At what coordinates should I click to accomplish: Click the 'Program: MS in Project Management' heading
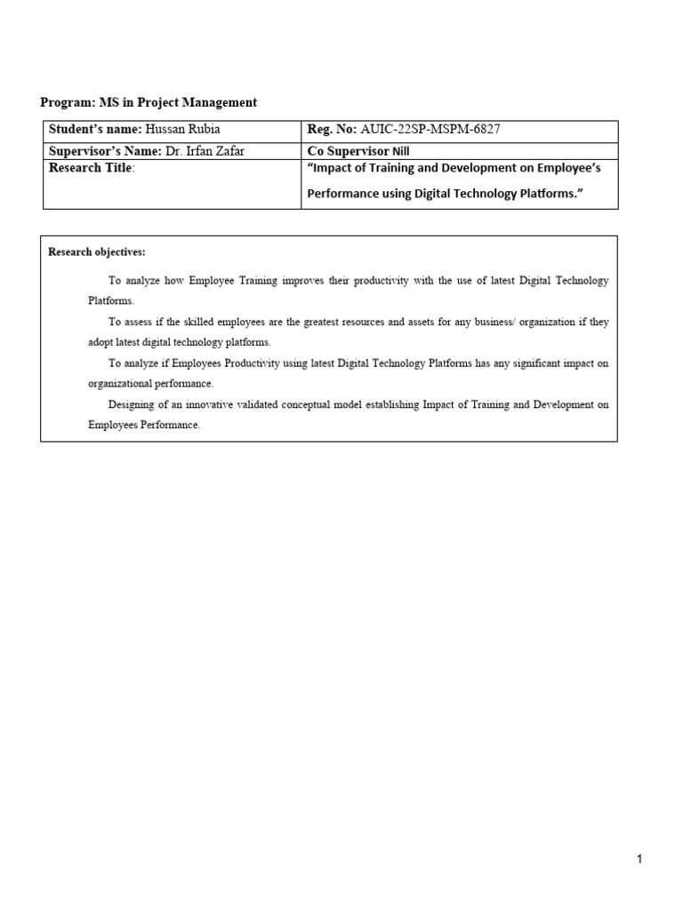coord(149,102)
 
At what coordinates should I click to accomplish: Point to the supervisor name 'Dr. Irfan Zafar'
coord(205,150)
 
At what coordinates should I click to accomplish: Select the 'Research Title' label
coord(90,168)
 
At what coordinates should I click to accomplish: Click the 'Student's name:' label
coord(95,130)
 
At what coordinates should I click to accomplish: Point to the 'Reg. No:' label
coord(332,130)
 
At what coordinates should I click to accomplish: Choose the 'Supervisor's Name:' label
coord(105,150)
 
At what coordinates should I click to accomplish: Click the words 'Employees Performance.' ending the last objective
coord(144,425)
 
